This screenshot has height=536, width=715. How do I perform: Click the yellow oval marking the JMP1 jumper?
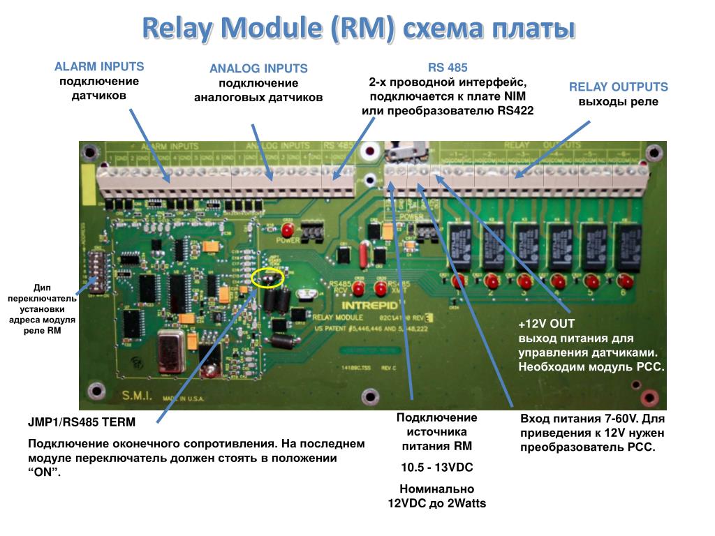pyautogui.click(x=268, y=277)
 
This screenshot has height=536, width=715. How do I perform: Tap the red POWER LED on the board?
pyautogui.click(x=287, y=230)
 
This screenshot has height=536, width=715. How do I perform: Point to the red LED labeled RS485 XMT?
pyautogui.click(x=381, y=287)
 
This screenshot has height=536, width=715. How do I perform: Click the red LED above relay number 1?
pyautogui.click(x=459, y=281)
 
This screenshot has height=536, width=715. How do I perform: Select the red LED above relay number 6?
pyautogui.click(x=624, y=281)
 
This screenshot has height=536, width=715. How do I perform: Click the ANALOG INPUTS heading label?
pyautogui.click(x=258, y=68)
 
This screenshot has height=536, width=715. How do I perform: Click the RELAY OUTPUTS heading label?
pyautogui.click(x=618, y=87)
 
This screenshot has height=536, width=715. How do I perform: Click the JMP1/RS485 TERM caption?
pyautogui.click(x=82, y=423)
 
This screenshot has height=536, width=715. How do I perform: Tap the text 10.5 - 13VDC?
pyautogui.click(x=436, y=467)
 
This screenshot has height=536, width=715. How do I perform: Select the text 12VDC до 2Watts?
pyautogui.click(x=436, y=502)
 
